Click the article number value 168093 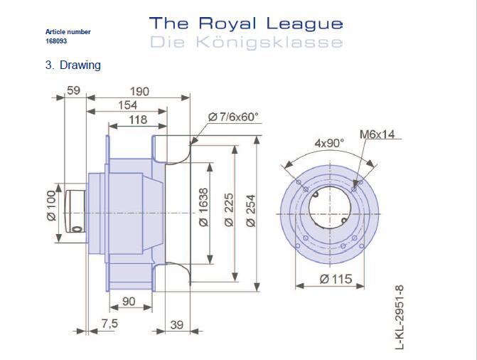point(56,41)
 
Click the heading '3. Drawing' point(73,65)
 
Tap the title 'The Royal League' point(246,23)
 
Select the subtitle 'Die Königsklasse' point(247,43)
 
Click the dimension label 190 point(139,91)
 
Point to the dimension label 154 point(127,105)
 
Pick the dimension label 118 point(138,120)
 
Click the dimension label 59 point(73,90)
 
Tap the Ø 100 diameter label point(51,206)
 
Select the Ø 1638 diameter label point(203,207)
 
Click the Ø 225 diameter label point(229,210)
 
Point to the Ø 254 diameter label point(251,211)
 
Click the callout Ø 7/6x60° point(233,117)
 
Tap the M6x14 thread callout point(377,134)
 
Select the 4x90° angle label point(329,143)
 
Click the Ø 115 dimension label point(336,279)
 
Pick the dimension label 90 point(129,301)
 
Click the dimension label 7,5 point(109,324)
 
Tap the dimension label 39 point(177,325)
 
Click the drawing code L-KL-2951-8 point(400,317)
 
